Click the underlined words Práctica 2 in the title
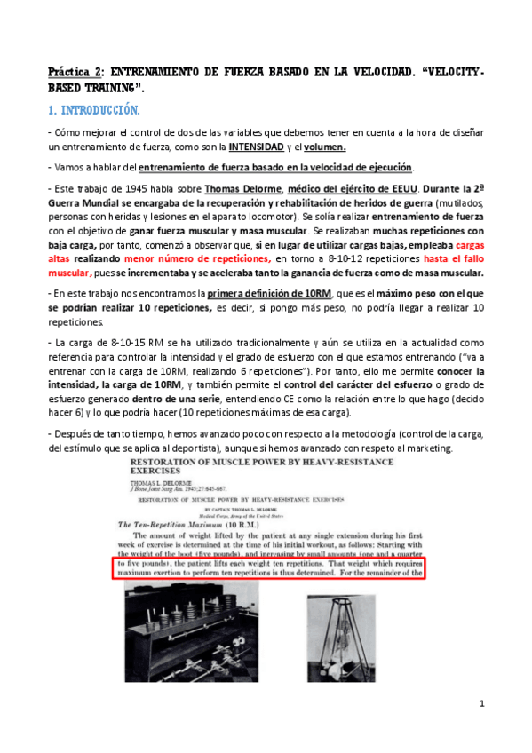click(76, 70)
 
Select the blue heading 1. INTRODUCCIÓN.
click(93, 110)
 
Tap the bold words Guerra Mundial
click(86, 202)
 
